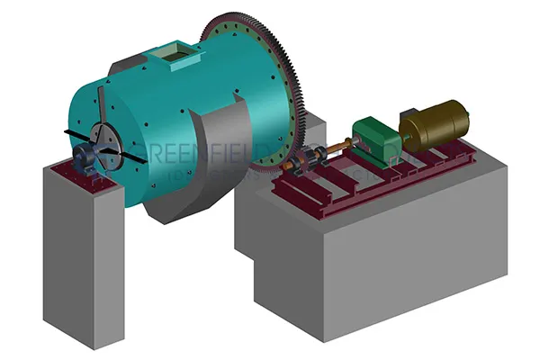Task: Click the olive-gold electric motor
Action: point(436,125)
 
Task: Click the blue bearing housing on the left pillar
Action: point(87,160)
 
